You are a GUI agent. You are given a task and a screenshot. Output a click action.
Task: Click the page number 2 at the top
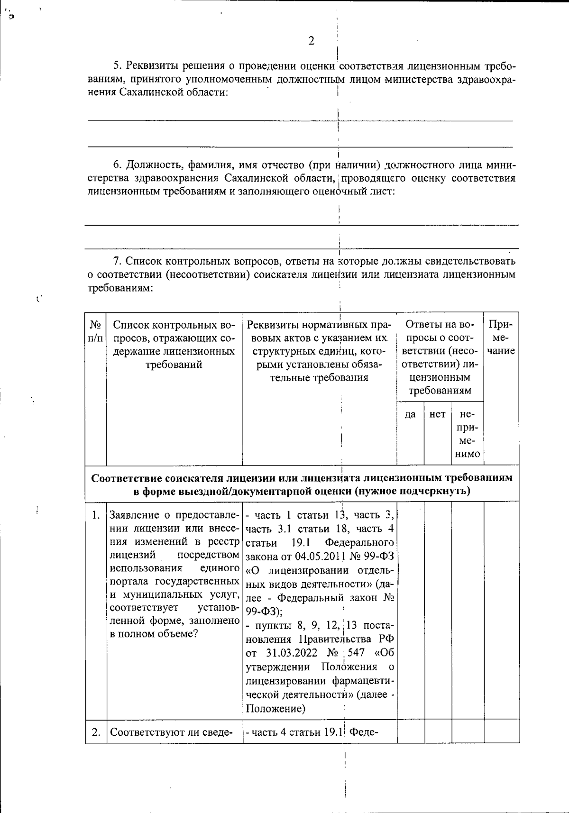[311, 41]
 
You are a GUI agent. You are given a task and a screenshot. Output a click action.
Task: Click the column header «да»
[410, 414]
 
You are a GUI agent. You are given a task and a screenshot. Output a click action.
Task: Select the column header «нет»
[437, 414]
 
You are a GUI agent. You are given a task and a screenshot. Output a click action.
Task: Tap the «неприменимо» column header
[467, 434]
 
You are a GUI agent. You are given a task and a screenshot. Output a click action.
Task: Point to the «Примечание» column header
[501, 338]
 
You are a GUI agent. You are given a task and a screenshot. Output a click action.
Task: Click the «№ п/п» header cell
[96, 331]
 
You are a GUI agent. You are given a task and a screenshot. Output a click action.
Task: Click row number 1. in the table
[96, 515]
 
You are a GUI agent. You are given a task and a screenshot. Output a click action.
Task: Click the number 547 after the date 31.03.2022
[356, 653]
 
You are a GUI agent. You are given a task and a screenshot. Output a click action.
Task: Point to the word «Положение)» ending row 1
[275, 709]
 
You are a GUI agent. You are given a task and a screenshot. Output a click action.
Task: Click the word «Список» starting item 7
[143, 261]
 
